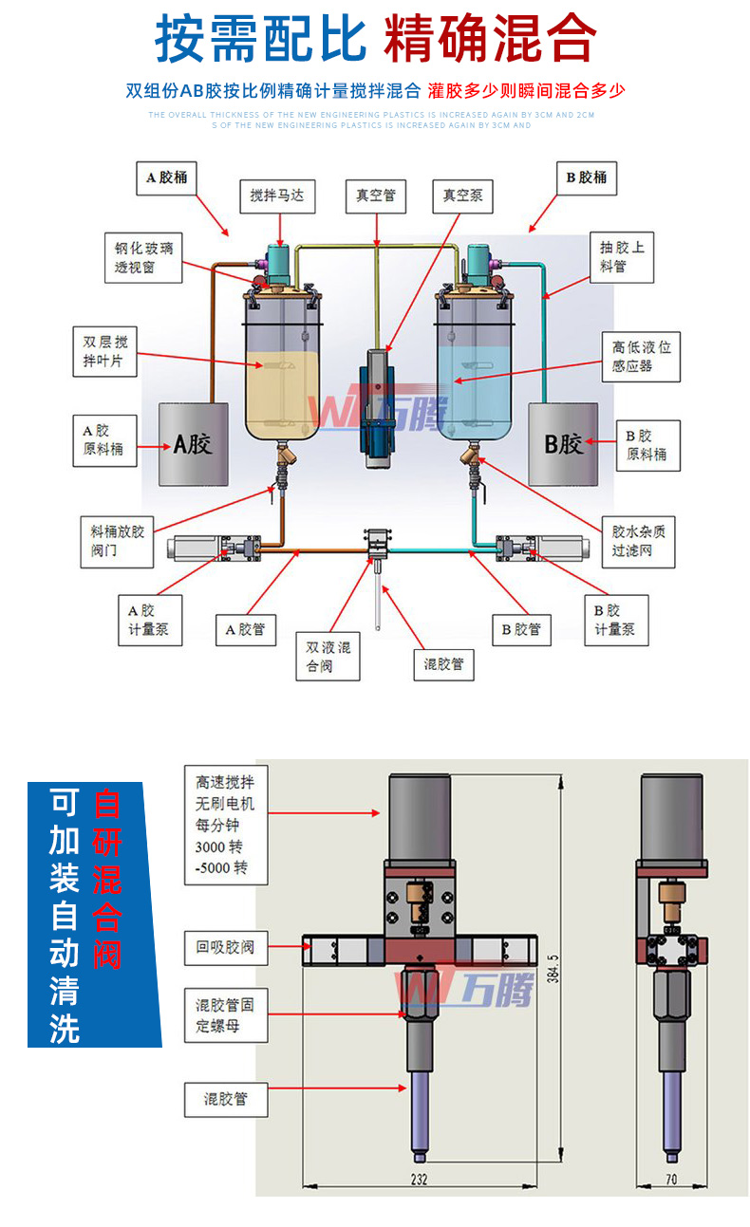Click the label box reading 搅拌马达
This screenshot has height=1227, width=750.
pos(276,195)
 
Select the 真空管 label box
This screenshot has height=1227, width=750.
pos(375,195)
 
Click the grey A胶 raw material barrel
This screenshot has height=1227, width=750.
pos(193,442)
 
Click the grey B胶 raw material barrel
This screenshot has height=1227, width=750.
pos(563,442)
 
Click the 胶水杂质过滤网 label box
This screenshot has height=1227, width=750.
pos(638,541)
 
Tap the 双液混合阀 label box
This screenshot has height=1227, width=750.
pos(328,656)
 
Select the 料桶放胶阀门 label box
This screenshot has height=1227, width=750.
pos(117,541)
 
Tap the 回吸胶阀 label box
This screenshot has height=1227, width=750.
pos(225,946)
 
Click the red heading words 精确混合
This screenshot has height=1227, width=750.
pos(490,40)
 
